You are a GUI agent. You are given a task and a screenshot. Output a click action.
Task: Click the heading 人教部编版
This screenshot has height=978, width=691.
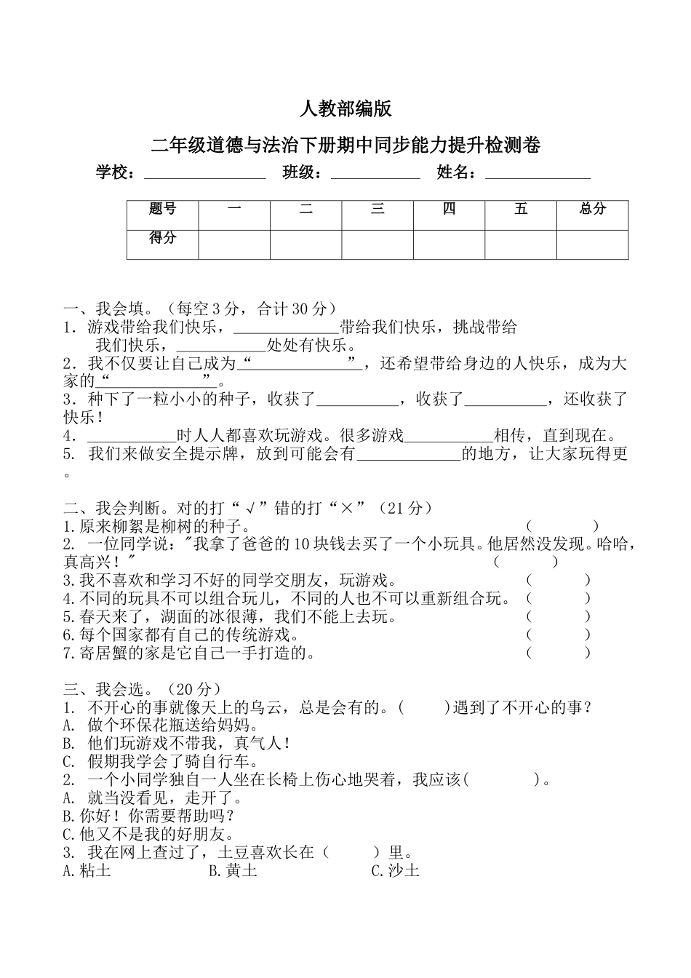coord(345,109)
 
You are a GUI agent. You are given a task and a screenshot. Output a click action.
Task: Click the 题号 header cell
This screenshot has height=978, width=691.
coord(162,210)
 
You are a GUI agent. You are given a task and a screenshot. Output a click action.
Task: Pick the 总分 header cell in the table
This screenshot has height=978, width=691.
coord(592,210)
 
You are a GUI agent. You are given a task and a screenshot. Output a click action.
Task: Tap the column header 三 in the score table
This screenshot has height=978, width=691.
coord(378,210)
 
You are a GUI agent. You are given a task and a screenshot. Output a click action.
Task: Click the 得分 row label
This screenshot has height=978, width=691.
coord(162,239)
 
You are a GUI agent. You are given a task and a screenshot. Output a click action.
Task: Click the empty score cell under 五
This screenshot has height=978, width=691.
coord(521,244)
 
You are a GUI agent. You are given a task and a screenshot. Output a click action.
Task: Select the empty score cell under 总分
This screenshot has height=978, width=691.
coord(592,244)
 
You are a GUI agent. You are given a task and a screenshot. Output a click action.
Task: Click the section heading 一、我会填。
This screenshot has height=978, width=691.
coord(106,309)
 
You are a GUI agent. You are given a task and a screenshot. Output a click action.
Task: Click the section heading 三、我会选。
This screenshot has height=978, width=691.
coord(106,688)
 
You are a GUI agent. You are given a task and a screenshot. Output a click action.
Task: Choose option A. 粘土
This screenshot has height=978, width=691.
coord(87,870)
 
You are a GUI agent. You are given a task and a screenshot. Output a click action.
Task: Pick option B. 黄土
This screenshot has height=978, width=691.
coord(233,870)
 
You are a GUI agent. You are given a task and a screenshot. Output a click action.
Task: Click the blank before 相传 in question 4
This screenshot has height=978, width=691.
coord(449,436)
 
